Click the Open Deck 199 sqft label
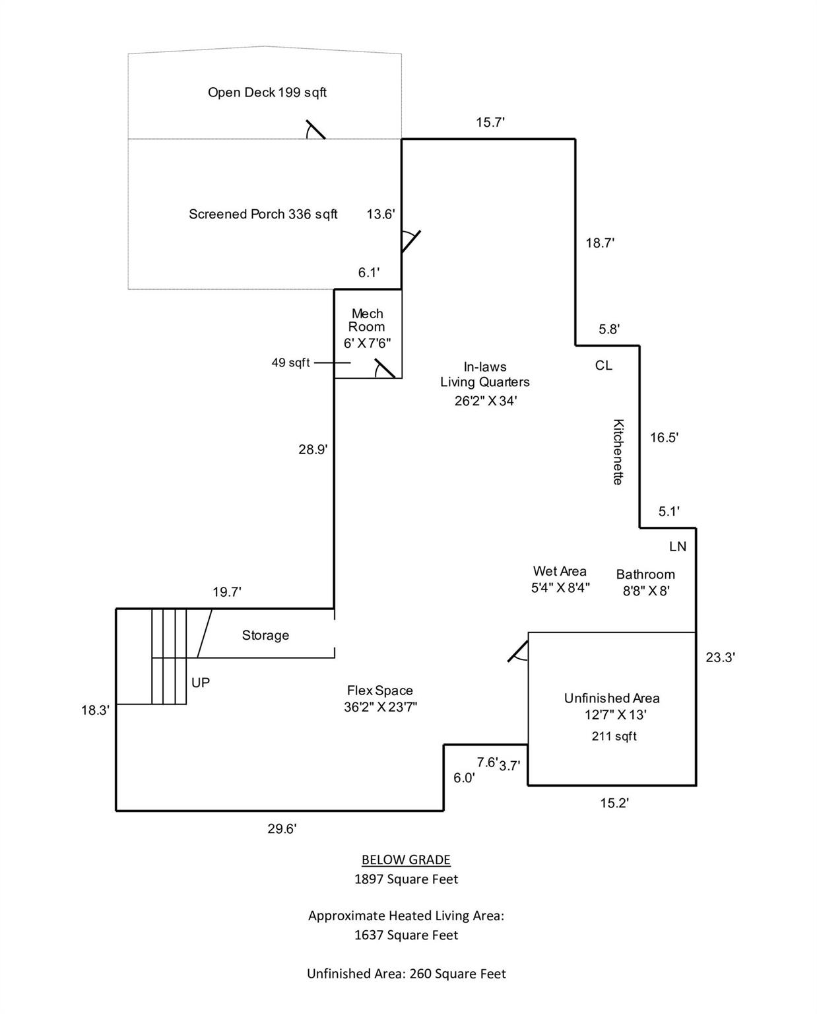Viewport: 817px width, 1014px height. (x=267, y=92)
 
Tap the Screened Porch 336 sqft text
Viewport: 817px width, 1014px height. (x=263, y=214)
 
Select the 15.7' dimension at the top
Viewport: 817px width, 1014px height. (x=490, y=122)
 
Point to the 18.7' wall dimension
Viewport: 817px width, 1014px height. (x=600, y=243)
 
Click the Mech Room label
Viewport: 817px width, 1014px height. (x=367, y=320)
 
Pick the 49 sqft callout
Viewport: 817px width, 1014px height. (x=290, y=362)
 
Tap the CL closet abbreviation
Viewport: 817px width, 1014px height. (x=603, y=365)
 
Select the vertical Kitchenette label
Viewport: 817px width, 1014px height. (x=618, y=452)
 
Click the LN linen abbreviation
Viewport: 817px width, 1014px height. (x=678, y=547)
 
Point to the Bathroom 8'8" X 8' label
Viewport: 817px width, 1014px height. (x=645, y=582)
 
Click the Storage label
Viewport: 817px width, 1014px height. (x=265, y=635)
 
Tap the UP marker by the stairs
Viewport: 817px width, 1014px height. (x=201, y=683)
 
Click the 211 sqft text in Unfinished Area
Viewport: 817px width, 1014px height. (x=614, y=736)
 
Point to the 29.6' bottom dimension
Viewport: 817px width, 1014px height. (x=282, y=829)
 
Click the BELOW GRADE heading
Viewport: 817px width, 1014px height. (x=406, y=860)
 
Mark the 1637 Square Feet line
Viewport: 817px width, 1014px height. (x=406, y=935)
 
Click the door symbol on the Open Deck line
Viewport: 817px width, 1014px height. (x=315, y=129)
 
